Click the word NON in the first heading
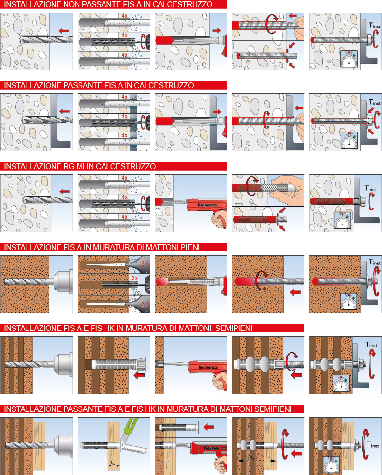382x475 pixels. (72, 4)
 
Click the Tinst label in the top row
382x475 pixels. (374, 26)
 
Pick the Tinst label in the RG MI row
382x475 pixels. (370, 188)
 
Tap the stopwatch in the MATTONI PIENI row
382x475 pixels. (348, 302)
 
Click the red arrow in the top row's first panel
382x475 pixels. (64, 31)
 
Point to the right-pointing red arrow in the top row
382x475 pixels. (217, 31)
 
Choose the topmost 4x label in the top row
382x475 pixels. (124, 16)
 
